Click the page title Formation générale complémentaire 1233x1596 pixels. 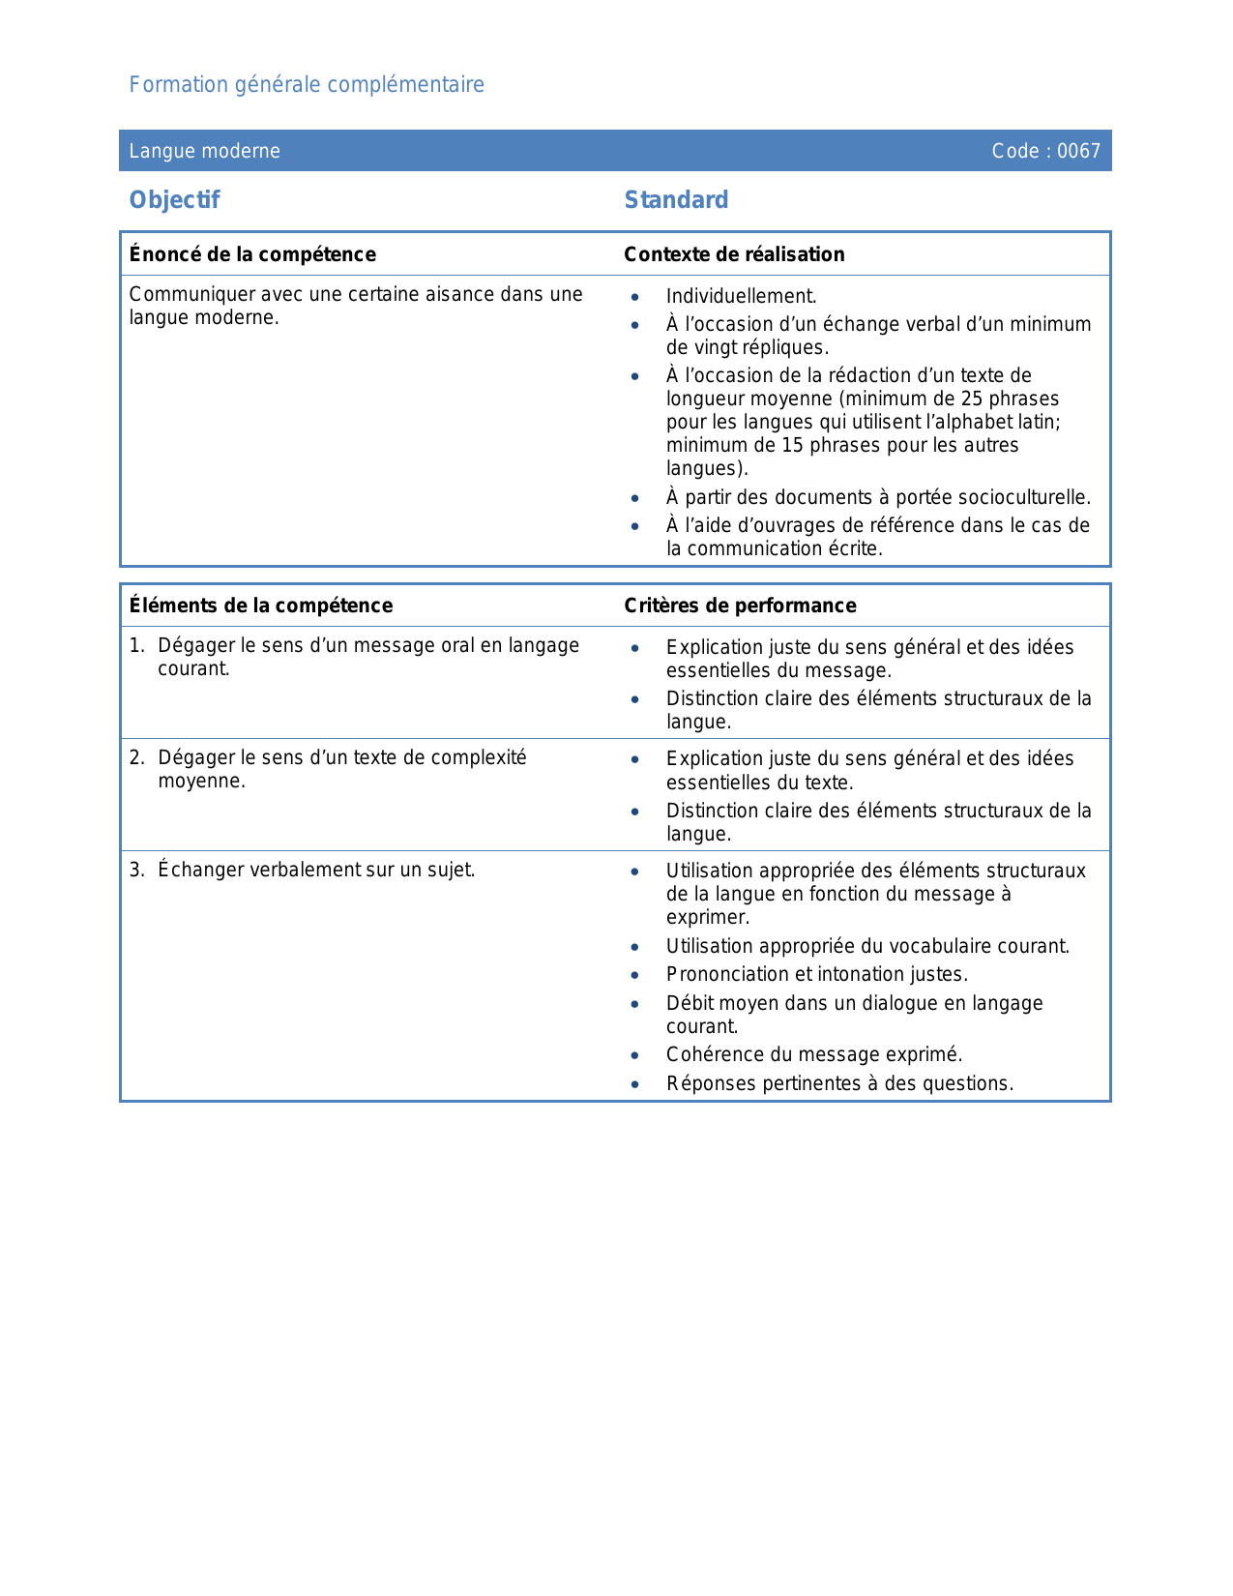coord(307,85)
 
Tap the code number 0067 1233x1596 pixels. coord(1078,151)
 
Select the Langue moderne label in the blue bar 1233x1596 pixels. coord(205,151)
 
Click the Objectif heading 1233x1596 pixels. coord(174,200)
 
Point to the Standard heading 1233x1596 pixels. coord(676,200)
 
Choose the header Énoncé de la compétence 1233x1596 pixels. coord(252,254)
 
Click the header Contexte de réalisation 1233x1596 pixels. coord(734,254)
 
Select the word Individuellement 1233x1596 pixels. coord(741,297)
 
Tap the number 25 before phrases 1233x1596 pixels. coord(971,399)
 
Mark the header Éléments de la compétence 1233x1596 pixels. coord(261,606)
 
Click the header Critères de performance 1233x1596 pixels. coord(740,606)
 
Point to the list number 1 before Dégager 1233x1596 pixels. coord(136,646)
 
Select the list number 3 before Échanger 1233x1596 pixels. coord(136,871)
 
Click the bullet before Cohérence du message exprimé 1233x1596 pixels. coord(634,1055)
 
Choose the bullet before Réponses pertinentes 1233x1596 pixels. coord(634,1084)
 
